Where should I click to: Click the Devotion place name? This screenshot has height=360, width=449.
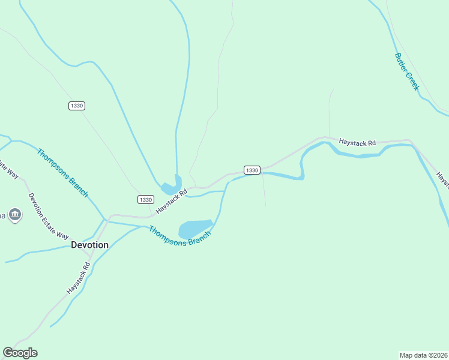pyautogui.click(x=89, y=245)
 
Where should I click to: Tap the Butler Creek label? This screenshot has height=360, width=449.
pyautogui.click(x=406, y=72)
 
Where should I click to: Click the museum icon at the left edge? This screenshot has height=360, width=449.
pyautogui.click(x=15, y=214)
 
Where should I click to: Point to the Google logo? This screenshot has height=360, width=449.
pyautogui.click(x=20, y=353)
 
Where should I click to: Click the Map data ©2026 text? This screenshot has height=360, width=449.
pyautogui.click(x=423, y=355)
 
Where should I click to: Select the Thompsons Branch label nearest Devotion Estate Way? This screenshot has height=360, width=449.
pyautogui.click(x=62, y=173)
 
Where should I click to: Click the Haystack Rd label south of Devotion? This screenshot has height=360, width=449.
pyautogui.click(x=78, y=277)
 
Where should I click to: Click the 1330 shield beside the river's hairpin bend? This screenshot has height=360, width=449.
pyautogui.click(x=252, y=170)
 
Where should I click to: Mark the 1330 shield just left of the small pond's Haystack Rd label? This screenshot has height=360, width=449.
pyautogui.click(x=145, y=199)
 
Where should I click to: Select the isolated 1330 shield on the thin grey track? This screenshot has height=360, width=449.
pyautogui.click(x=76, y=106)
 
